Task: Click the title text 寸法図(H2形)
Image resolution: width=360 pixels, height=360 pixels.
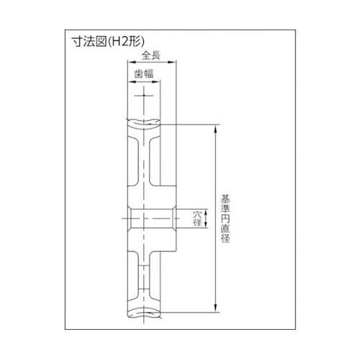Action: point(109,42)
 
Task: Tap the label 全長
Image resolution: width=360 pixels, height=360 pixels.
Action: point(151,55)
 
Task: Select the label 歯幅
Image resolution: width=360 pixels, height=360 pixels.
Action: point(143,73)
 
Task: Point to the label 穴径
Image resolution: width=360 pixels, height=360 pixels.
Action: point(197,218)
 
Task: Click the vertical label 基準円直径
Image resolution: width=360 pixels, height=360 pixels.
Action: point(225,218)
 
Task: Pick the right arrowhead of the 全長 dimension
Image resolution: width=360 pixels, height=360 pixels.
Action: point(172,62)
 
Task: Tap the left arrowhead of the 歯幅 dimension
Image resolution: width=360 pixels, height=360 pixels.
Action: point(132,82)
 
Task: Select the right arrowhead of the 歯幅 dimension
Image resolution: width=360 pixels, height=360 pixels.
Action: point(156,82)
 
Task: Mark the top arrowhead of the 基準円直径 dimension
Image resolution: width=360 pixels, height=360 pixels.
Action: point(215,129)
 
